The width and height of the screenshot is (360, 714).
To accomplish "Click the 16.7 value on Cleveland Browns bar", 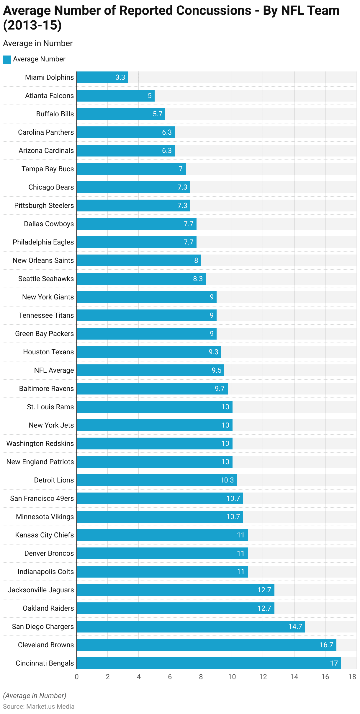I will (x=326, y=645).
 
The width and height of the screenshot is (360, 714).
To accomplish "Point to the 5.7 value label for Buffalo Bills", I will (x=158, y=114).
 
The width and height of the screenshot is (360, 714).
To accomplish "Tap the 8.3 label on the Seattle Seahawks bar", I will (x=198, y=279).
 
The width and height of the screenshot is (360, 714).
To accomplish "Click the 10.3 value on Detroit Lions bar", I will (x=227, y=480).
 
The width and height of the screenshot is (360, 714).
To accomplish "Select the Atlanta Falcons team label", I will (x=49, y=96).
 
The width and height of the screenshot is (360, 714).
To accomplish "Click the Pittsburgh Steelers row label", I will (x=44, y=206).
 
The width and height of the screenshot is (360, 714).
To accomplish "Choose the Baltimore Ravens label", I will (x=46, y=389).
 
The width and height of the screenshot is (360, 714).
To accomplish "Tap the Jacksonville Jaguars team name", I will (x=41, y=590).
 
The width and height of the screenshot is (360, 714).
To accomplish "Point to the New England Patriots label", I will (x=40, y=462).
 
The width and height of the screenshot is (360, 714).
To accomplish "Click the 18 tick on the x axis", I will (x=352, y=677).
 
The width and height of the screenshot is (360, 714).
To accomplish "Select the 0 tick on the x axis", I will (x=77, y=677).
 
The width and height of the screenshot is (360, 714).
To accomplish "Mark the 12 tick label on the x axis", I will (x=263, y=677).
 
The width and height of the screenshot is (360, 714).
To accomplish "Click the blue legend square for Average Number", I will (x=7, y=59).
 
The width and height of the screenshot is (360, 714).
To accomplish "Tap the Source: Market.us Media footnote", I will (x=39, y=706).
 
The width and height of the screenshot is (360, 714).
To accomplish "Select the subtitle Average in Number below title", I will (x=38, y=43).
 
